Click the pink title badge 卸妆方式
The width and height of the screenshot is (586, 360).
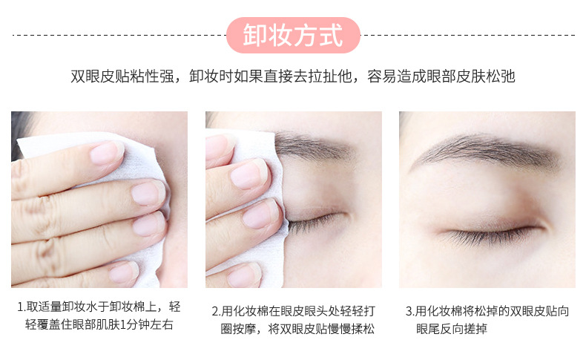(x=292, y=34)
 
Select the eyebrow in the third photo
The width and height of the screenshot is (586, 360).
(x=486, y=149)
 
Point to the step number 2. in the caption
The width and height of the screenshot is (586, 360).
(x=216, y=311)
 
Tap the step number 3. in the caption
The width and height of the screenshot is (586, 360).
(x=410, y=311)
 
